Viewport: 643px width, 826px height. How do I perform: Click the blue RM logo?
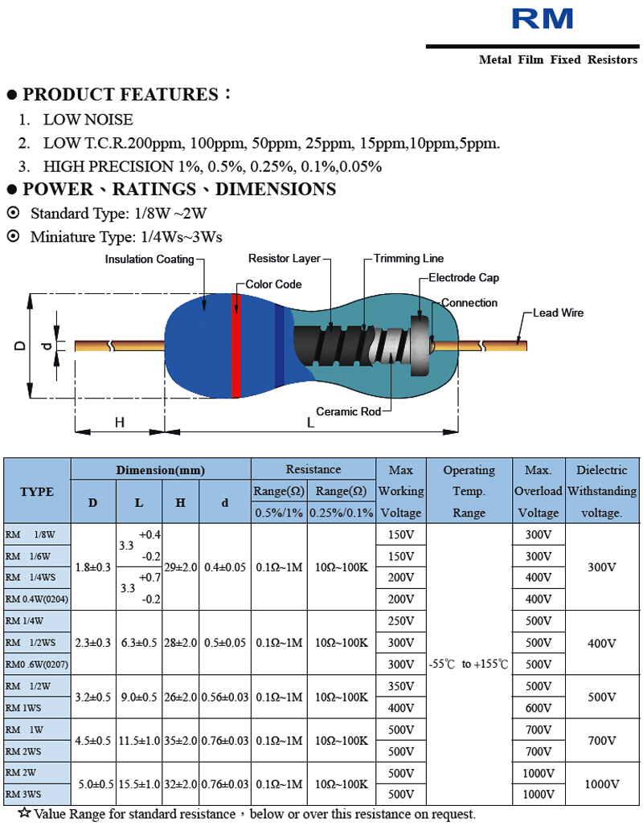pos(543,18)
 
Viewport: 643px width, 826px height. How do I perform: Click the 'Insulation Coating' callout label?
pos(149,260)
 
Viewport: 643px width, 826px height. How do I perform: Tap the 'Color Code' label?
pos(273,284)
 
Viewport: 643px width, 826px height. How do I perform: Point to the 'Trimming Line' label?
pos(408,259)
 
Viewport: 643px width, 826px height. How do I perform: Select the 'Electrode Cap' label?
pos(463,278)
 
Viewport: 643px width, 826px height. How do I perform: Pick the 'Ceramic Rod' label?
pos(348,411)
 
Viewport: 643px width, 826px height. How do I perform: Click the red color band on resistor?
pos(236,346)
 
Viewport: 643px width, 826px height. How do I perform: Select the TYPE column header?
pos(37,492)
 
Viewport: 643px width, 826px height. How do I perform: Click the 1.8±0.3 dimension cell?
pos(93,567)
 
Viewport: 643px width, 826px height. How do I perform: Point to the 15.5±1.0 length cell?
pos(139,783)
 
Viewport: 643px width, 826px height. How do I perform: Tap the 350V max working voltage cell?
pos(400,686)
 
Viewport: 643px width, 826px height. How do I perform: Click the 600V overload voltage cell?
pos(538,708)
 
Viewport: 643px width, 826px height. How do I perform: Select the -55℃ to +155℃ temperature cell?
pos(469,664)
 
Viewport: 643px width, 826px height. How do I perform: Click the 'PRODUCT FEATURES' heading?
pos(121,95)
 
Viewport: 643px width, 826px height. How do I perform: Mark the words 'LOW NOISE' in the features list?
pos(88,120)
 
